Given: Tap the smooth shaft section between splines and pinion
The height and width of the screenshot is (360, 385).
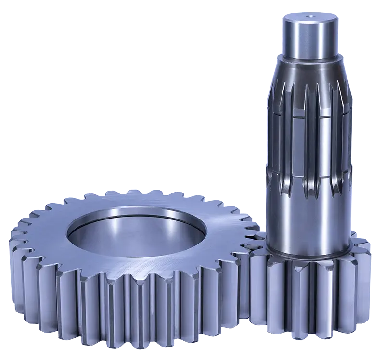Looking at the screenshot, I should [308, 217].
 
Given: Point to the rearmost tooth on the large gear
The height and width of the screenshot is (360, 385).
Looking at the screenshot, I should [144, 194].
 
